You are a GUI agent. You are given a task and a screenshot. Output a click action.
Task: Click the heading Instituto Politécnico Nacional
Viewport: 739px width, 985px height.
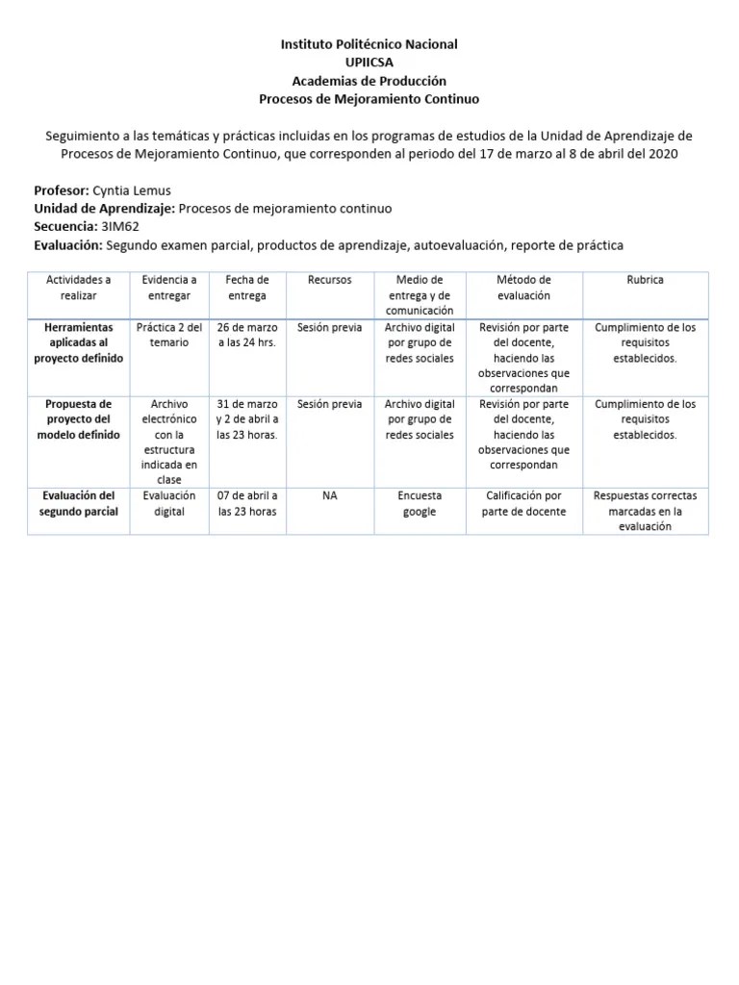(369, 44)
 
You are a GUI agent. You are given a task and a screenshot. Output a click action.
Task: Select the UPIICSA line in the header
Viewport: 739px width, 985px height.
(369, 63)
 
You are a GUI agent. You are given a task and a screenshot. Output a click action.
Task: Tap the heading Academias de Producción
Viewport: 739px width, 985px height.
(369, 81)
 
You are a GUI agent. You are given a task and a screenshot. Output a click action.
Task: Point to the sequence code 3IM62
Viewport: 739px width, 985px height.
(119, 227)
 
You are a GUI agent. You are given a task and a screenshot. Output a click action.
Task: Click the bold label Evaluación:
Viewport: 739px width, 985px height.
(67, 245)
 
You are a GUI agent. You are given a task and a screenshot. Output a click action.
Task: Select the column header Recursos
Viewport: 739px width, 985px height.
(329, 280)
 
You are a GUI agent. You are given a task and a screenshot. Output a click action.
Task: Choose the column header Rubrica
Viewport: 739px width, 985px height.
(645, 280)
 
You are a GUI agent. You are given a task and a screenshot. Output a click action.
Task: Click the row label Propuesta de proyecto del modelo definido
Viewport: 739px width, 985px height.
(79, 419)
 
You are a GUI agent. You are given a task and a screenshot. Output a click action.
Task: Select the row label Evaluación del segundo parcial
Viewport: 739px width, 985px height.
(79, 503)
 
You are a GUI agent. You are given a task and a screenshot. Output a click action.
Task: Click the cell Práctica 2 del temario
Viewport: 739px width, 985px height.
(169, 335)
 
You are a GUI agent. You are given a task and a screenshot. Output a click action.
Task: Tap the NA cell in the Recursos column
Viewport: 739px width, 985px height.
(329, 495)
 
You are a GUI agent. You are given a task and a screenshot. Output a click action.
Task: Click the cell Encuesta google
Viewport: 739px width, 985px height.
(420, 503)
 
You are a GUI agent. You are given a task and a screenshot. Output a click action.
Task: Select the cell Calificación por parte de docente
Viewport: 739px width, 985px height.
(523, 503)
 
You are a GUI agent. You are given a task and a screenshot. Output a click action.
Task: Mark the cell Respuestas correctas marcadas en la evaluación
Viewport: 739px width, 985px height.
(645, 511)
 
